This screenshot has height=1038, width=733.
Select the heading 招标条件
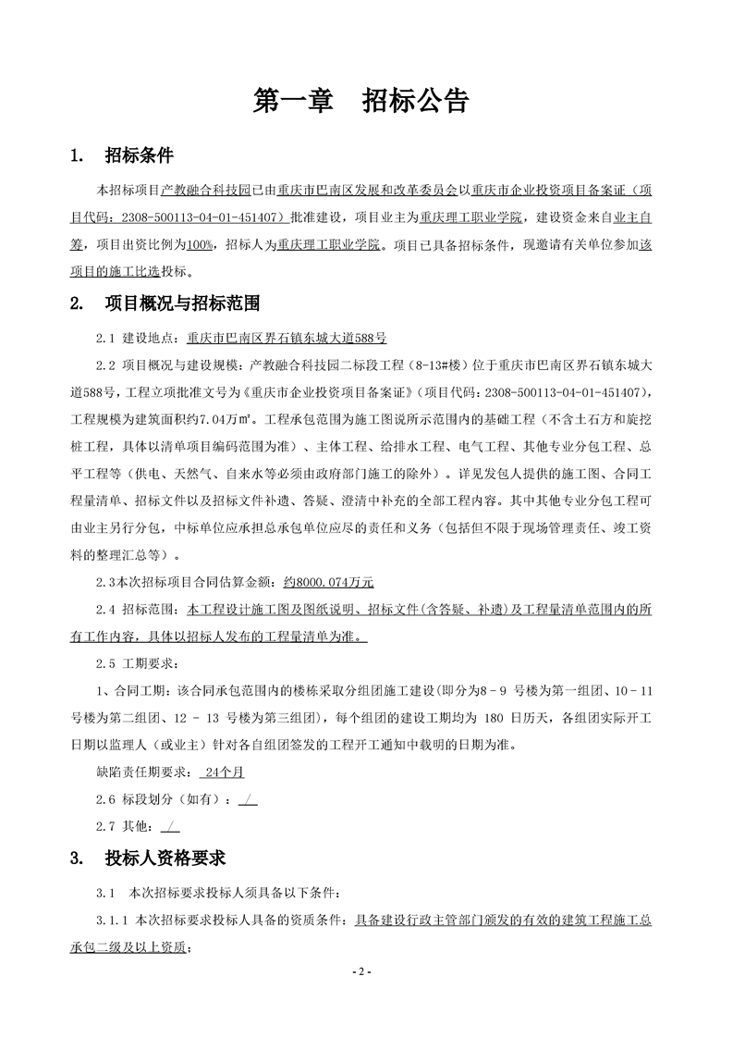pos(140,154)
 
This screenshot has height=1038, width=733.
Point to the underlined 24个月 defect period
pos(223,770)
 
